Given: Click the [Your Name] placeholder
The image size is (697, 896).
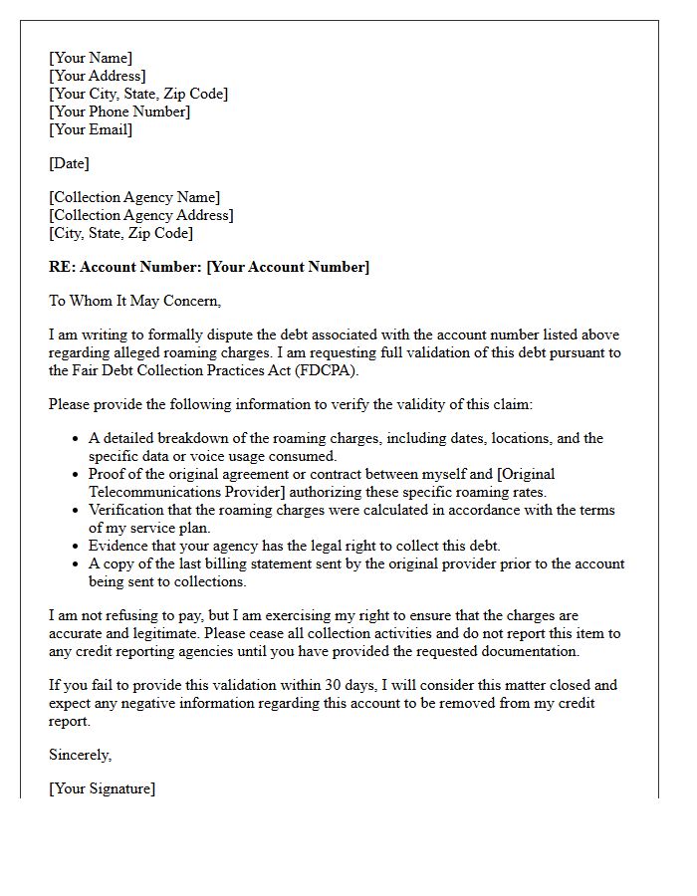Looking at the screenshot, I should (91, 58).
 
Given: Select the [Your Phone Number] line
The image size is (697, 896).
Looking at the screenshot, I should (119, 112).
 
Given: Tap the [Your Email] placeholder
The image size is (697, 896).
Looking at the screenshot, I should (91, 129).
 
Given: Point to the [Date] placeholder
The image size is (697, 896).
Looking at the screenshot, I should (69, 163).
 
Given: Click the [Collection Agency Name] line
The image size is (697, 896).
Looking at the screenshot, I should (134, 197).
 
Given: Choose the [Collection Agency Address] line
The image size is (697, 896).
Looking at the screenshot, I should (141, 215).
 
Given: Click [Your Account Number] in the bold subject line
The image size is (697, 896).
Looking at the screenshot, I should (288, 267).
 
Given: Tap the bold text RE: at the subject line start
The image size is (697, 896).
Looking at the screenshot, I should (62, 267).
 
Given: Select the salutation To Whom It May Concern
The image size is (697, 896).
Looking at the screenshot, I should (134, 301).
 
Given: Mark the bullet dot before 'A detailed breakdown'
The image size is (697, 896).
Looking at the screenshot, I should (77, 439).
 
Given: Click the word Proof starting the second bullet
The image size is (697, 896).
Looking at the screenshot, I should (108, 474).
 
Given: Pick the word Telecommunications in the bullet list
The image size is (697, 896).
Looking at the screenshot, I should (153, 492).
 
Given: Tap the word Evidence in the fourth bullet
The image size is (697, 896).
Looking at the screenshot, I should (117, 546).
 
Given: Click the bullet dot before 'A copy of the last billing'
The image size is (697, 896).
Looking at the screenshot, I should (77, 564).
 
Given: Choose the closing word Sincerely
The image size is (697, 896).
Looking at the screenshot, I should (81, 755).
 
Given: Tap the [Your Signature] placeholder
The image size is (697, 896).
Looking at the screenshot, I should (102, 788).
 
